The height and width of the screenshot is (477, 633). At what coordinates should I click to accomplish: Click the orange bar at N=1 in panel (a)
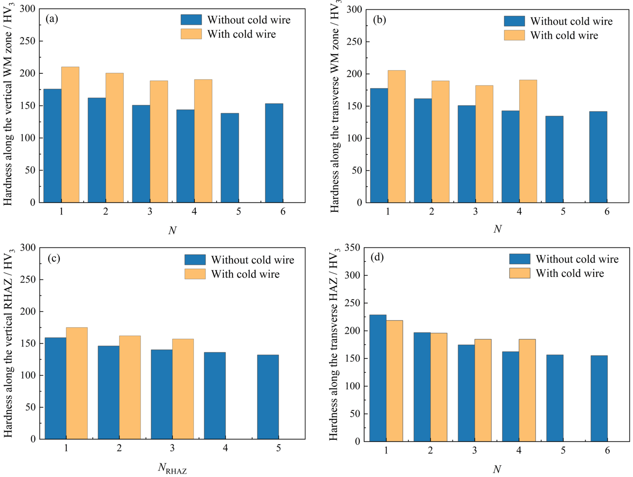pos(70,134)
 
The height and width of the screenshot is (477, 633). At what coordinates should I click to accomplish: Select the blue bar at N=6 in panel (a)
pos(274,153)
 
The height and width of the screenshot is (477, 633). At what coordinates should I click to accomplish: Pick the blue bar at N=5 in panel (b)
pos(554,159)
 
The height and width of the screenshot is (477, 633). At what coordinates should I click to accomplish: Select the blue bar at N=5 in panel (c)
pos(268,397)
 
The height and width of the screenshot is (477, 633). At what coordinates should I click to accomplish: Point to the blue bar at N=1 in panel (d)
pos(378,378)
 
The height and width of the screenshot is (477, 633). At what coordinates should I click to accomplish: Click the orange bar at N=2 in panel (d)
pos(439,387)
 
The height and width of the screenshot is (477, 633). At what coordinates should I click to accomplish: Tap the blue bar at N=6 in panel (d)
pos(599,399)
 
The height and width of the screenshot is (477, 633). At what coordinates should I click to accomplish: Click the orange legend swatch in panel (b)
pos(514,35)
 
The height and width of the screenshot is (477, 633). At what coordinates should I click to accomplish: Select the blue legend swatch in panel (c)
pos(195,260)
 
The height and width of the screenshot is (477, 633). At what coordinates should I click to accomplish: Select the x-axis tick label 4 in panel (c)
pos(225,448)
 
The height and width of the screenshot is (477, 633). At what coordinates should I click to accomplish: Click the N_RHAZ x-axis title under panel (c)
pos(172,468)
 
